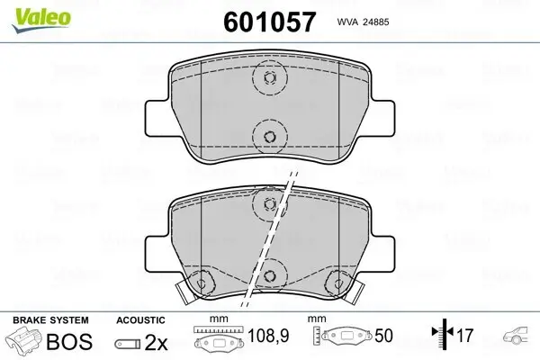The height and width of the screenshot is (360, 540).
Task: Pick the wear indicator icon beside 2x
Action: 131,343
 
